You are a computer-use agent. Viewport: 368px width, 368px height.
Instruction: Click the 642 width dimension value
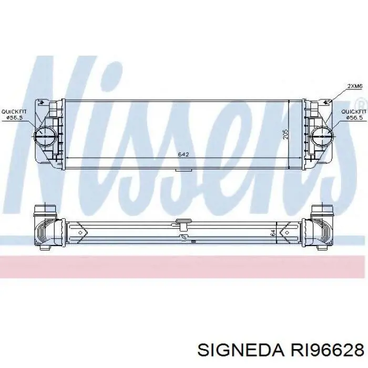[x=183, y=155]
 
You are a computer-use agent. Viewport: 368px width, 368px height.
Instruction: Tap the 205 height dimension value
[x=285, y=134]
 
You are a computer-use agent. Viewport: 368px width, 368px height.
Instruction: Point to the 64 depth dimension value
[x=273, y=233]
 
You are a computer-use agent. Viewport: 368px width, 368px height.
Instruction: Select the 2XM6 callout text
[x=355, y=86]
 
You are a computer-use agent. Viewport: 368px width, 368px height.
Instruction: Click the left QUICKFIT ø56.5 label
[x=14, y=115]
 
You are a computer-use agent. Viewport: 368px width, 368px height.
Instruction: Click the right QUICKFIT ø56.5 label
[x=354, y=115]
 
